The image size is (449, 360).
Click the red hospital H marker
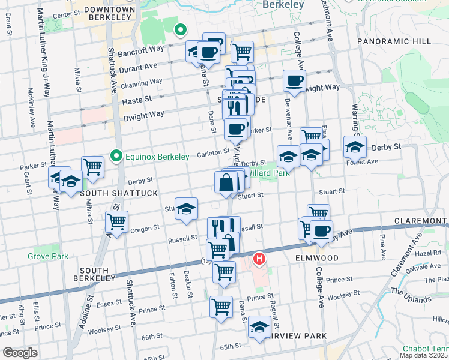point(259,259)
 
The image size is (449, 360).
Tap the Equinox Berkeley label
point(157,157)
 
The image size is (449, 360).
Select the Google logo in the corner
point(20,353)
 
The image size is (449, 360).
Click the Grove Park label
point(47,256)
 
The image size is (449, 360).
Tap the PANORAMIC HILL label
point(393,41)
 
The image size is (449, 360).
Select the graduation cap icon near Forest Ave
point(355,146)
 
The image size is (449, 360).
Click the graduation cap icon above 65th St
point(259,326)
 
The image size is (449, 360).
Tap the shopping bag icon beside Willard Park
point(226,182)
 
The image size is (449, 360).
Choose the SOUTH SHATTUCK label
point(113,193)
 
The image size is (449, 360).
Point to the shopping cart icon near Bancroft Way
point(241,50)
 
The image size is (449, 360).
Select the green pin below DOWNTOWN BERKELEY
point(179,29)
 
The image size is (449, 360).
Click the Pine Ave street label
point(382,246)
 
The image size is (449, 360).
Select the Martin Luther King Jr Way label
point(45,54)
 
